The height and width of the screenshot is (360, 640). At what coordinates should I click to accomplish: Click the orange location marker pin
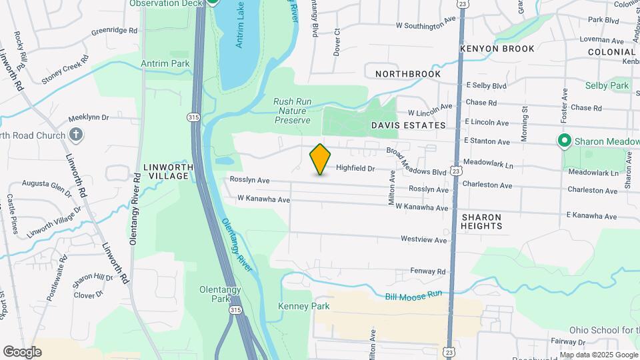pos(321,159)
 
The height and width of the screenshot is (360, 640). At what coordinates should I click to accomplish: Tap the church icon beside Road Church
pos(76,135)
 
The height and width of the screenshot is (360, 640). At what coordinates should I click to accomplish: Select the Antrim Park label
pos(165,64)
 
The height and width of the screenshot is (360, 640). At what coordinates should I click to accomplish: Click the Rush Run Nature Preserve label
pos(293,111)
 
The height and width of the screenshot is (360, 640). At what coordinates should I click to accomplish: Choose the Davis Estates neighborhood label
pos(407,125)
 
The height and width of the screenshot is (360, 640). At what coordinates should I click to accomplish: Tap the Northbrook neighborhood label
pos(408,74)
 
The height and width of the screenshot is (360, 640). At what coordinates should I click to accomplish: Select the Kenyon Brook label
pos(497,49)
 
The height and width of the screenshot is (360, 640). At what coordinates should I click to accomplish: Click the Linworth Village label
pos(168,171)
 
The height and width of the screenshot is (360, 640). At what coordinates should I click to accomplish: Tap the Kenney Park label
pos(303,306)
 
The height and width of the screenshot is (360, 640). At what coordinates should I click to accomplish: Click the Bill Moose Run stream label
pos(413,295)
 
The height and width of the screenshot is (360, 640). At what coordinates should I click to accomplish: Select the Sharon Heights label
pos(481,221)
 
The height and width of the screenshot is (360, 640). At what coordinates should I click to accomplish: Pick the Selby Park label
pos(607,86)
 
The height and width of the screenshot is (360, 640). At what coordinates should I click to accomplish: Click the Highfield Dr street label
pos(356,169)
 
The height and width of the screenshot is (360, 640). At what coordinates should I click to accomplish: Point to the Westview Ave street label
pos(423,239)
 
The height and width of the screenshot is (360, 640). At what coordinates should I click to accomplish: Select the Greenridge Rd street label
pos(114,31)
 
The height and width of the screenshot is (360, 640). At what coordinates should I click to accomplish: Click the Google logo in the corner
pos(22,351)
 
